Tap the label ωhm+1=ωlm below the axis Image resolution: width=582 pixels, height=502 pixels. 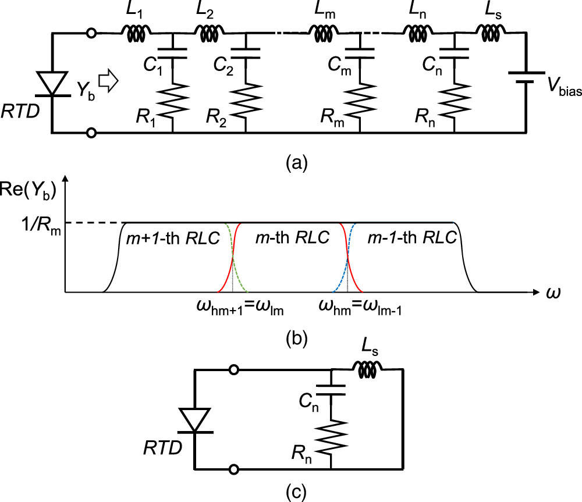[239, 309]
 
